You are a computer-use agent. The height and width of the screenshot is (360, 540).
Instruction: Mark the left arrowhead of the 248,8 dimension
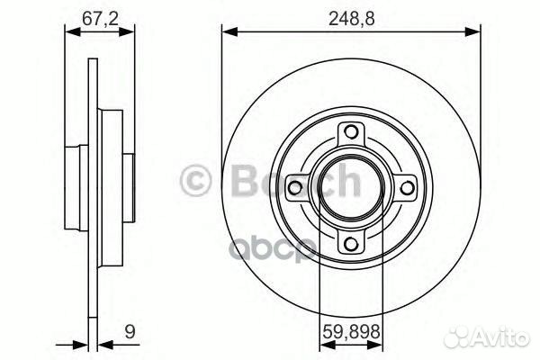click(x=228, y=32)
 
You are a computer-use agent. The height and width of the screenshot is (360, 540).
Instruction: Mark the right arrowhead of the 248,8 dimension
click(x=474, y=32)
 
